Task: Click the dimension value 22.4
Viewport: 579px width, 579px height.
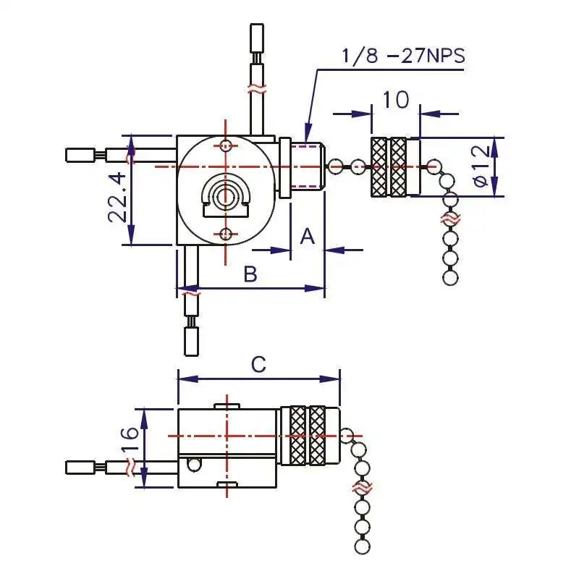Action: coord(119,197)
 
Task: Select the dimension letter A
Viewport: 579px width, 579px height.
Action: coord(308,236)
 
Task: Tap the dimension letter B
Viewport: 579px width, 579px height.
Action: coord(250,274)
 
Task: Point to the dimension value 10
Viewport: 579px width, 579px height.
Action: coord(396,99)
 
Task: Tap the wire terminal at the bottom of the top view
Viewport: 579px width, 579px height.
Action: coord(191,341)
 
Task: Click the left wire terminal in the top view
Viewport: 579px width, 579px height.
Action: coord(79,155)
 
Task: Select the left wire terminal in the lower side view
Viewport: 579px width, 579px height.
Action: coord(79,468)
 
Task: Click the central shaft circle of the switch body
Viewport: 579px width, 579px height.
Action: coord(226,195)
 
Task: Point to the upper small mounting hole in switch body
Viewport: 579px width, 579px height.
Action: coord(227,145)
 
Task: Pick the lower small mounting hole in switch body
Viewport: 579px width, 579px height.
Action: coord(227,233)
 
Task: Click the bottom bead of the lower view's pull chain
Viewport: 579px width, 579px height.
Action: coord(363,545)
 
